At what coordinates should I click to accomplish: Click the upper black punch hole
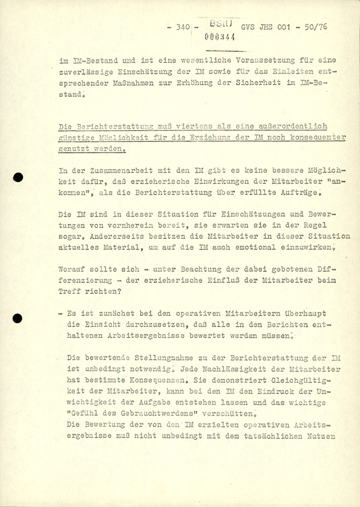coord(18,177)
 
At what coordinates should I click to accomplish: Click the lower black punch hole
coord(18,318)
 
